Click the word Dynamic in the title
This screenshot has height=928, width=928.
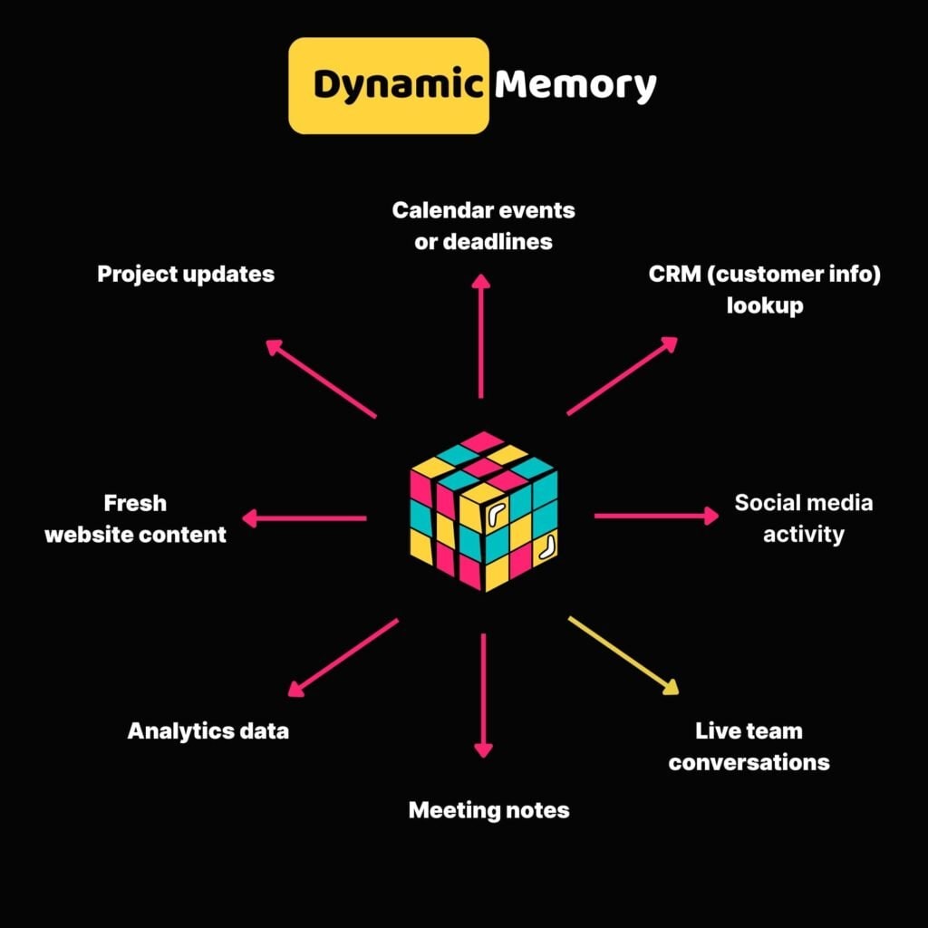pos(396,86)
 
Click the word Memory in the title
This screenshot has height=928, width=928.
pos(575,85)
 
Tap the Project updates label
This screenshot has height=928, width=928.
pos(186,274)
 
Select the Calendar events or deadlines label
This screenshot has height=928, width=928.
pos(483,226)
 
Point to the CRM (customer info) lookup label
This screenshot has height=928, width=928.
pos(764,290)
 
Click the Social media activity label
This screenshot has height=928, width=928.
pos(803,517)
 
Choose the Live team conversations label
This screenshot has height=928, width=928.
pos(749,746)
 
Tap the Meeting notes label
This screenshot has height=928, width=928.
pos(488,809)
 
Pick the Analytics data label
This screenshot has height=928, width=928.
pos(208,730)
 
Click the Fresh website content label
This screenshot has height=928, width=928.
pos(135,517)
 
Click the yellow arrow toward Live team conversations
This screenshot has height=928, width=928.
pos(623,654)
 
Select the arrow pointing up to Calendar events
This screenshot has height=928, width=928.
pos(481,337)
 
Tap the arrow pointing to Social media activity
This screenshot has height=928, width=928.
pos(655,516)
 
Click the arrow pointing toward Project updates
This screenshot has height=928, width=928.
pos(321,379)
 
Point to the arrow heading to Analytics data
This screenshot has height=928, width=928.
pos(343,657)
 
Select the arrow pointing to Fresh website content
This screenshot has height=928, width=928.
pos(304,518)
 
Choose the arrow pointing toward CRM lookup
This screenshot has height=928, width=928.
pos(623,375)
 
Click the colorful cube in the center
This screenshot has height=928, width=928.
pos(484,511)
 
